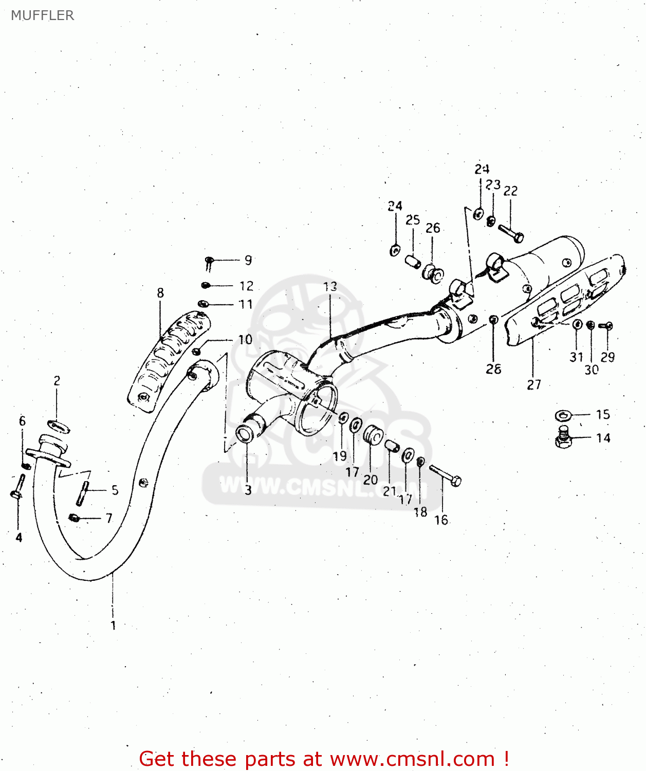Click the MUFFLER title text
pos(42,15)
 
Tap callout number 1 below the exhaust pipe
pos(113,626)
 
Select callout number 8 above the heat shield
pos(160,293)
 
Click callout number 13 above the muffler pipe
pos(330,286)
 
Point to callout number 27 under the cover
pos(534,384)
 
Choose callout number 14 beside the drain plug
pos(603,438)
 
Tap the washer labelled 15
pos(564,415)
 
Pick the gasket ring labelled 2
pos(59,427)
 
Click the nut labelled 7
pos(74,518)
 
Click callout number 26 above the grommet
pos(433,228)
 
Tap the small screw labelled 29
pos(606,326)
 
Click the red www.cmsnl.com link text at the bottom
pos(412,759)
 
